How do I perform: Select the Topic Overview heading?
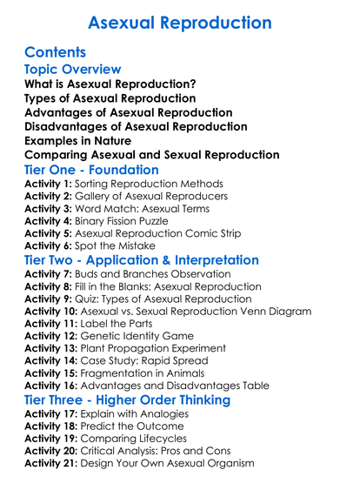[73, 69]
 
